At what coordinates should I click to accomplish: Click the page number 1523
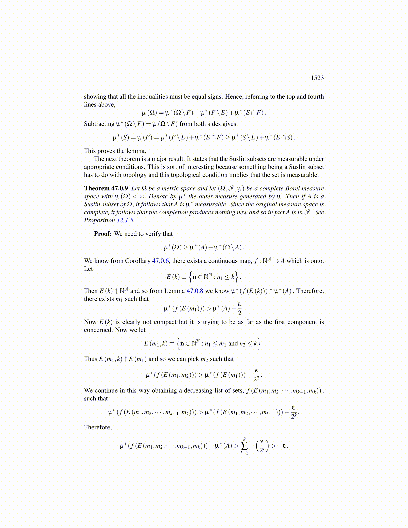pos(317,78)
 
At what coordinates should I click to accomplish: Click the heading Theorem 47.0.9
pos(106,188)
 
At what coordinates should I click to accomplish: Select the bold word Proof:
pos(103,234)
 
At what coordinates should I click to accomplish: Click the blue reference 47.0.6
pos(160,261)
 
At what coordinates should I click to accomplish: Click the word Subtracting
pos(99,124)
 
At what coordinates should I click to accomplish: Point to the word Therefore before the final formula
pos(98,427)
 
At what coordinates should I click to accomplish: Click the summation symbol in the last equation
pos(244,446)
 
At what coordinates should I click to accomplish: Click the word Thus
pos(90,359)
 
